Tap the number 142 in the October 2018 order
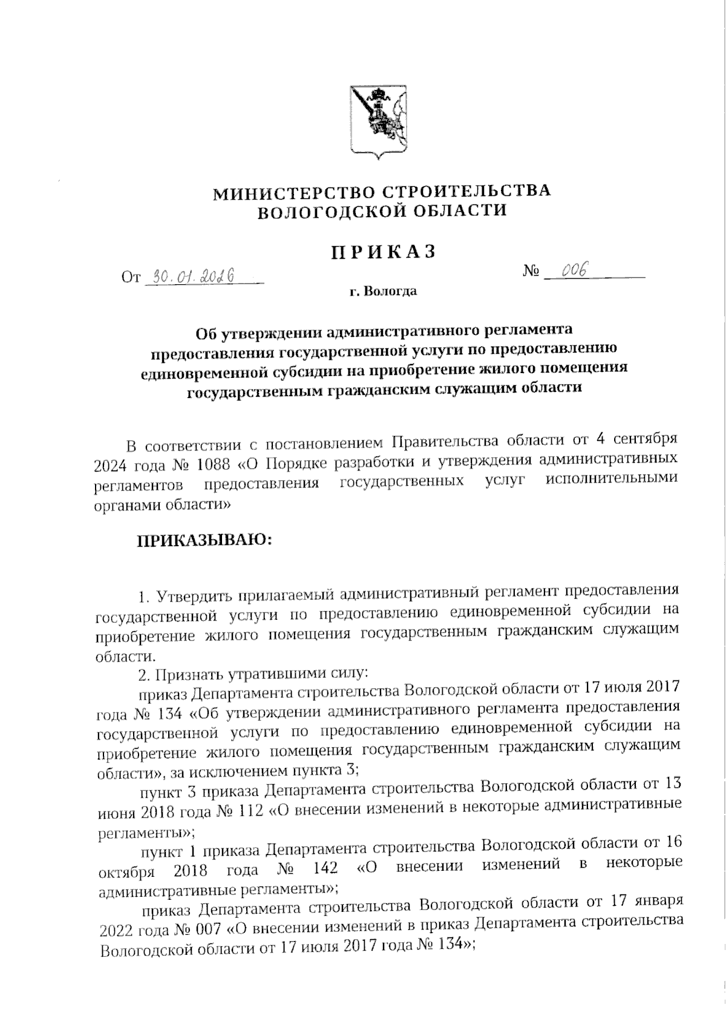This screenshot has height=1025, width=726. (325, 869)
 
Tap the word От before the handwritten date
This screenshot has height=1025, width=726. (131, 278)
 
